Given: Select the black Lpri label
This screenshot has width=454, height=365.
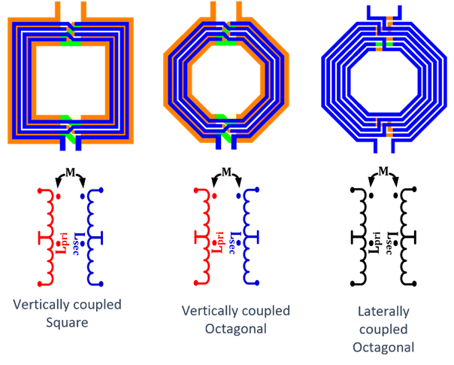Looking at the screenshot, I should (x=377, y=239).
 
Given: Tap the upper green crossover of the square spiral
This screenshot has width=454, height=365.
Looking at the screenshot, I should (x=71, y=28).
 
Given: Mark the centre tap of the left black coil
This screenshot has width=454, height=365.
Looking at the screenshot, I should (x=353, y=239).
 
